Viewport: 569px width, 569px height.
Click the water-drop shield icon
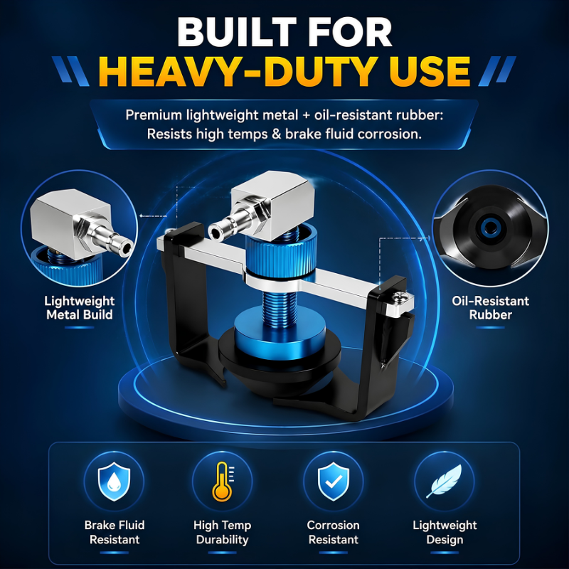(x=114, y=482)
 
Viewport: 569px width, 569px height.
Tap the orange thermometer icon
(x=222, y=482)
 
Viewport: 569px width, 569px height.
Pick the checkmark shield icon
(x=334, y=482)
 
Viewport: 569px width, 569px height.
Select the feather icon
(x=444, y=481)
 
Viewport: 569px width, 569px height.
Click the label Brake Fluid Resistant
(x=115, y=532)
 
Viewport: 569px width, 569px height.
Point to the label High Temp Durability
(x=222, y=532)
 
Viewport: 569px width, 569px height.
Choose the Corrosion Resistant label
(x=334, y=532)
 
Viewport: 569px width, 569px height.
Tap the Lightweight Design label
(x=445, y=532)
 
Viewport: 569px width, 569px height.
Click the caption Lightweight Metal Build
(x=80, y=308)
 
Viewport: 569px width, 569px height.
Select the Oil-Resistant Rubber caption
(x=490, y=308)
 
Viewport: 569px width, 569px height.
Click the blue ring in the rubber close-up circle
(x=489, y=228)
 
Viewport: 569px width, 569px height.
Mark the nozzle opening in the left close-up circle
(x=127, y=248)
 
